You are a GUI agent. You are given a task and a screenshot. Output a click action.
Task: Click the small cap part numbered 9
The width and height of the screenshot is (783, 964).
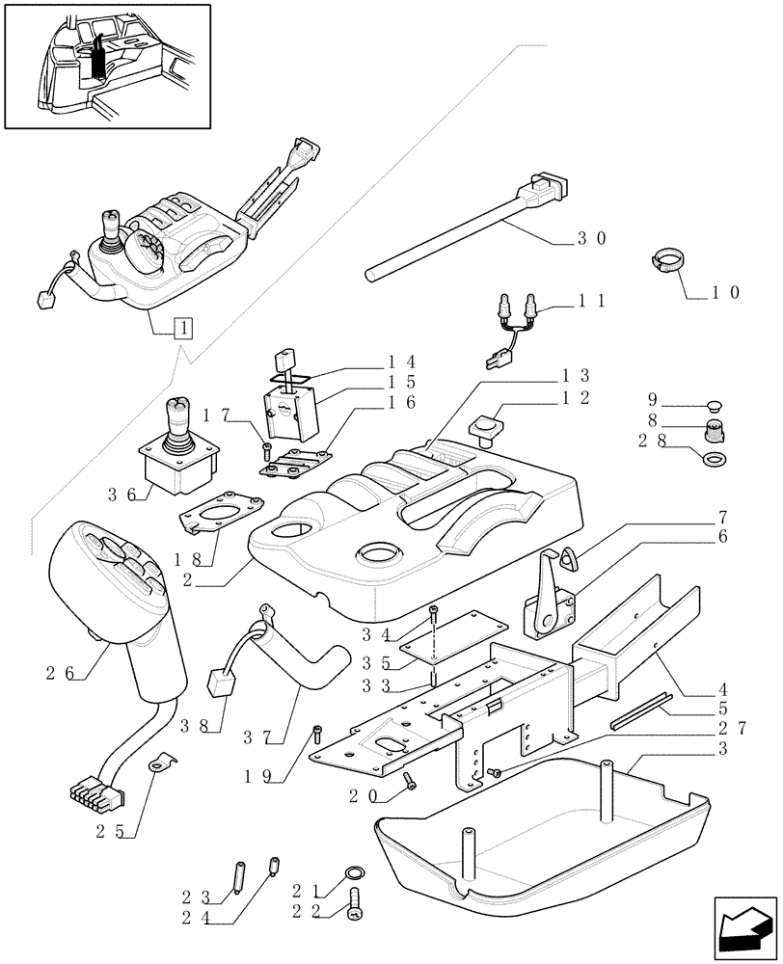coord(715,402)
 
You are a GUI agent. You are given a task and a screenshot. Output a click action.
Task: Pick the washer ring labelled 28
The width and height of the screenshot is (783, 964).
coord(715,459)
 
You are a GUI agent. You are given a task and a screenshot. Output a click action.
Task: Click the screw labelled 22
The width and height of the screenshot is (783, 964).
coord(361,905)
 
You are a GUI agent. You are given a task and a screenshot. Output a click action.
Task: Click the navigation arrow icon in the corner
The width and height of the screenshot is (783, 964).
coord(744,928)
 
